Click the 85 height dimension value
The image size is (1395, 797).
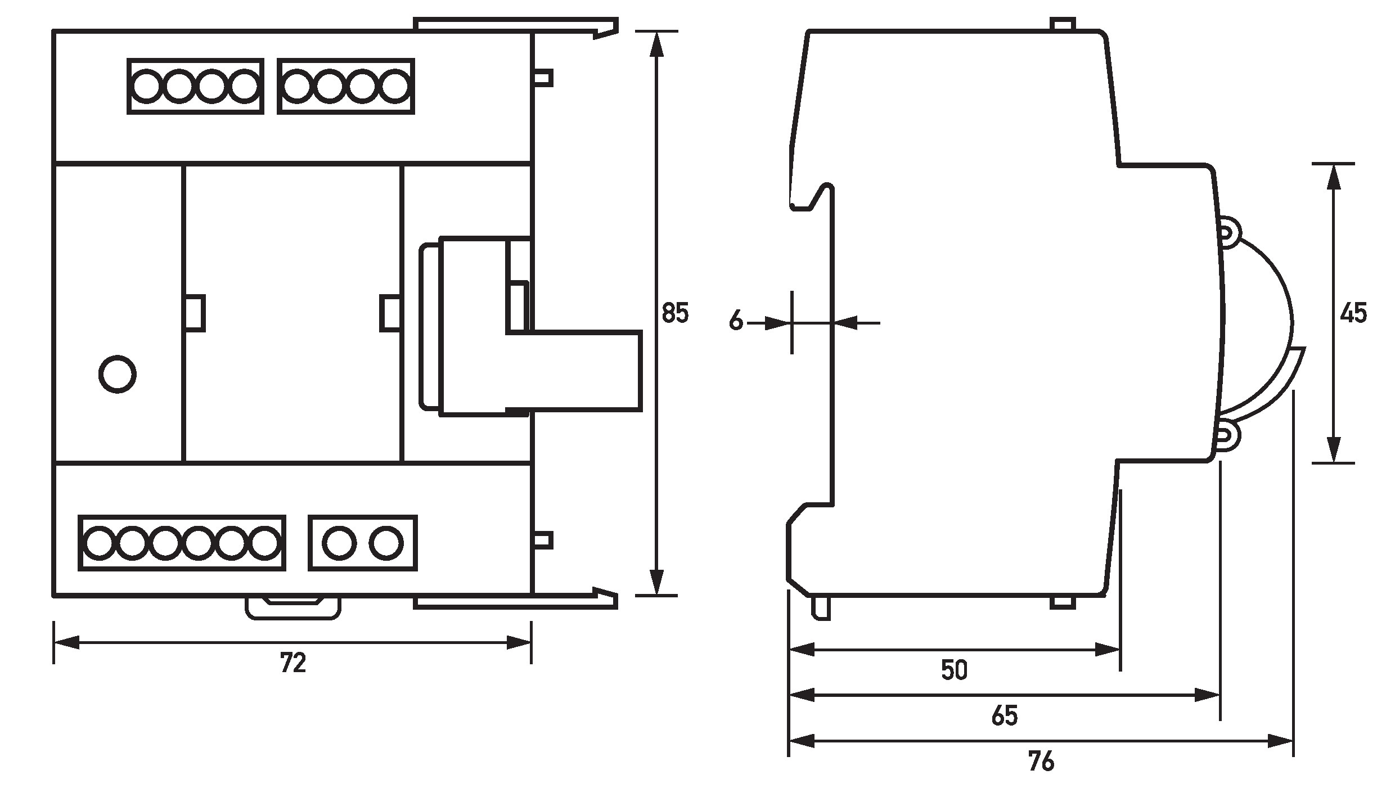675,313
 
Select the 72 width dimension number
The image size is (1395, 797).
293,664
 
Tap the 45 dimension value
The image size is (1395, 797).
1353,313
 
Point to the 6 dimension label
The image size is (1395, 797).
736,321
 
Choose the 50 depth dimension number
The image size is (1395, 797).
954,670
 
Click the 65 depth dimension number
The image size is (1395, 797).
1005,716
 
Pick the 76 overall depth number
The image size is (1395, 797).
1041,762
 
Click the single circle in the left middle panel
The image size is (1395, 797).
117,374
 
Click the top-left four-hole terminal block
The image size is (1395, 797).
196,87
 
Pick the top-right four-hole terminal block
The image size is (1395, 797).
346,87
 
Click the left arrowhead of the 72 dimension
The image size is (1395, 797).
66,642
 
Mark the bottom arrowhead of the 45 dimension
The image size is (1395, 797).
1333,450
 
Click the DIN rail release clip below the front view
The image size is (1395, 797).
293,609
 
